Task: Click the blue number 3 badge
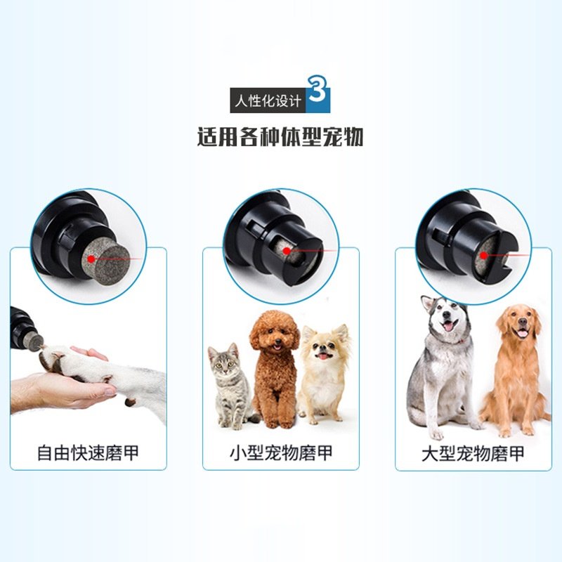click(x=318, y=96)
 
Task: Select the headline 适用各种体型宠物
click(x=280, y=136)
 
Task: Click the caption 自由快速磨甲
click(x=88, y=452)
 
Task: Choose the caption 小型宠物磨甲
click(x=280, y=452)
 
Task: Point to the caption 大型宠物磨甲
click(x=473, y=452)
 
